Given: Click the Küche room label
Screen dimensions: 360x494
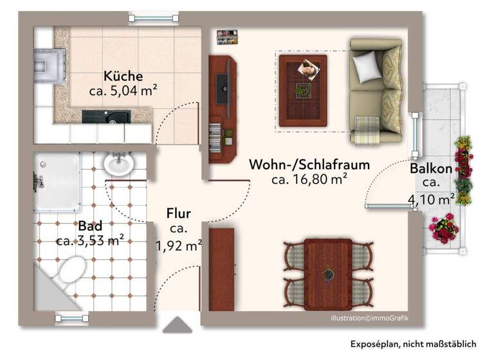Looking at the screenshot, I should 123,75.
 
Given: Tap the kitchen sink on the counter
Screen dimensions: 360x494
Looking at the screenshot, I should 106,116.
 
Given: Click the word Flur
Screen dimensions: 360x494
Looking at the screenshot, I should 178,213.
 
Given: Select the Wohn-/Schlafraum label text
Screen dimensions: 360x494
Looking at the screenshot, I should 309,165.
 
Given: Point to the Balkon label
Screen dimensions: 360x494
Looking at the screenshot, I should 431,169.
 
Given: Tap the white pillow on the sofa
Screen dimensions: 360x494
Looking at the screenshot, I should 367,64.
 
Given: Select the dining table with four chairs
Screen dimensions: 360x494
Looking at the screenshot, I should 328,270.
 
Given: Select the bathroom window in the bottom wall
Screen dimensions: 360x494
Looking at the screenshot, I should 72,317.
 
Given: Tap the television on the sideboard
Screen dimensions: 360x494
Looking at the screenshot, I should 222,88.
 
